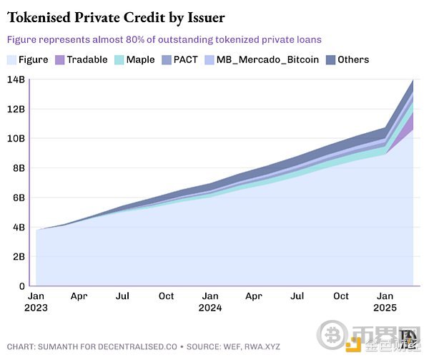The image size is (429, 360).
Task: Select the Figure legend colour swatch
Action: (11, 59)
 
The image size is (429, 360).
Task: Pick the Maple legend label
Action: (140, 59)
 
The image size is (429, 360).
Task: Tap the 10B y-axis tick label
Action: (16, 138)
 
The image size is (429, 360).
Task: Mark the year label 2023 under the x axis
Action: (36, 310)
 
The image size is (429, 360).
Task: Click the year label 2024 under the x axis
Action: (210, 310)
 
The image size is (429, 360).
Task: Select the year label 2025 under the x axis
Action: (385, 310)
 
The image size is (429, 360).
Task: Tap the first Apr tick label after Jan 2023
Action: (79, 296)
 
